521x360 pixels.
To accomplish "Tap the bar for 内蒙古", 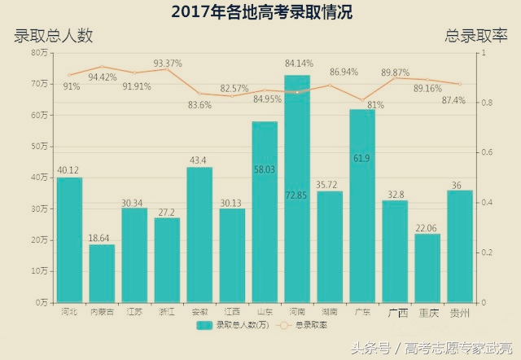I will [102, 273].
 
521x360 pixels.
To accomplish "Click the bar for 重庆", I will [427, 268].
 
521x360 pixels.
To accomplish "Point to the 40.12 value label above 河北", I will [69, 169].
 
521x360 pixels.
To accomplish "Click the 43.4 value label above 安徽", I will [199, 160].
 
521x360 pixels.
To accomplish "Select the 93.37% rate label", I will [168, 63].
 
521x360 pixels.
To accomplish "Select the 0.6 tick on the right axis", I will [481, 153].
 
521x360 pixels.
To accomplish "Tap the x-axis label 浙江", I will [167, 311].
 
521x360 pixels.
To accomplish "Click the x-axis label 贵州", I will [460, 312].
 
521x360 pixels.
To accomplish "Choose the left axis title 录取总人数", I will [54, 36].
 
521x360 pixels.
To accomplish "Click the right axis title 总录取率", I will [475, 36].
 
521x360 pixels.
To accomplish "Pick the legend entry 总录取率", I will [305, 325].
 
